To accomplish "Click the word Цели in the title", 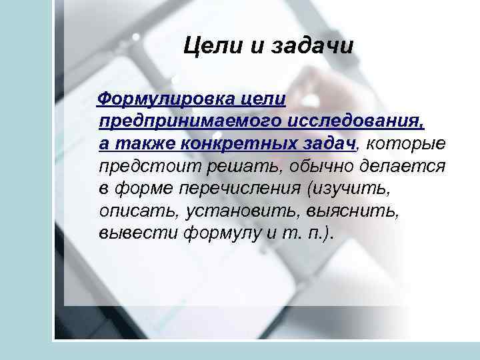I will click(208, 47).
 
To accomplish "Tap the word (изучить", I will click(347, 189).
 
